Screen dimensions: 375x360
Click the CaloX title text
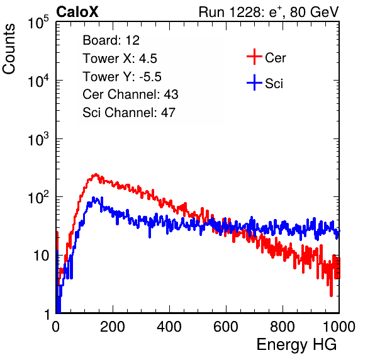tap(77, 12)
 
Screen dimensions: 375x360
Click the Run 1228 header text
tap(269, 12)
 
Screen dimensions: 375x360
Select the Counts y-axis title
tap(9, 49)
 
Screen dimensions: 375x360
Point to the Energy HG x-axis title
tap(296, 345)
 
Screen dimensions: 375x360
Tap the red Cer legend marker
tap(254, 57)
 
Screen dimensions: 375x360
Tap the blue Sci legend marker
tap(254, 83)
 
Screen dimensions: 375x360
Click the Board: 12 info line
tap(111, 40)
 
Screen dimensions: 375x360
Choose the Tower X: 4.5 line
tap(120, 59)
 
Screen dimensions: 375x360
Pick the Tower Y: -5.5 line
tap(122, 77)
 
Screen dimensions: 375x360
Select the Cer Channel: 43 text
tap(130, 94)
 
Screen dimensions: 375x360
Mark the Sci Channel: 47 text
tap(129, 113)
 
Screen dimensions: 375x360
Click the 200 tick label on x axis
tap(113, 327)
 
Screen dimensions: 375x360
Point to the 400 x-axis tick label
tap(169, 327)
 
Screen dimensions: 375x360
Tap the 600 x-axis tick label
tap(226, 327)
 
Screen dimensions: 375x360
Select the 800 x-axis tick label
tap(283, 327)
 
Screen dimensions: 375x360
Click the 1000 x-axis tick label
tap(339, 327)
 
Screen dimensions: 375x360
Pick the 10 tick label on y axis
tap(41, 256)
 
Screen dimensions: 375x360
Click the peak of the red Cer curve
tap(96, 174)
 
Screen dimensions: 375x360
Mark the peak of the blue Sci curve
tap(94, 198)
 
